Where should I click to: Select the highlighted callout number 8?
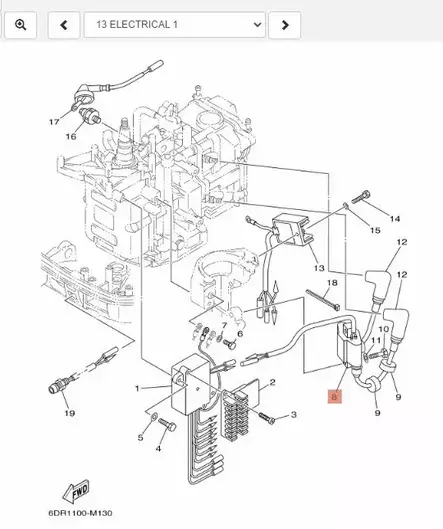click(x=334, y=397)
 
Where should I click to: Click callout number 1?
click(x=138, y=387)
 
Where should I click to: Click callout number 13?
click(x=316, y=268)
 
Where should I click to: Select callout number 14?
click(x=395, y=219)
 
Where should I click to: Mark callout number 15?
click(x=375, y=231)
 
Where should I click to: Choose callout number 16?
click(x=71, y=136)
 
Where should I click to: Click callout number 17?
click(x=54, y=121)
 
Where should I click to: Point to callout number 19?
click(x=69, y=413)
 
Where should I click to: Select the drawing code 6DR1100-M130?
click(x=78, y=514)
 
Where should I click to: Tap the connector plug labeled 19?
click(x=58, y=384)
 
